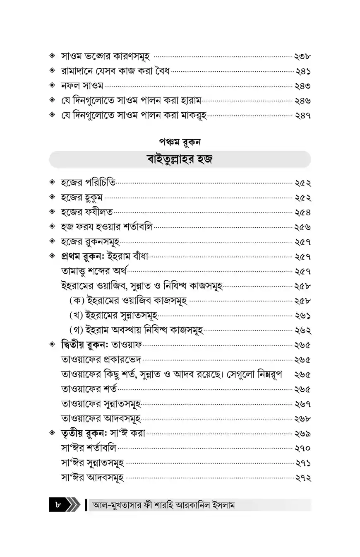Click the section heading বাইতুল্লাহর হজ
[180, 159]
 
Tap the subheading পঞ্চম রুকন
[180, 142]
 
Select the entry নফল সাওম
[82, 86]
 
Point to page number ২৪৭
[302, 116]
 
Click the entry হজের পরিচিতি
[88, 182]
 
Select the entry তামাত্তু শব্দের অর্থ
[94, 271]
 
